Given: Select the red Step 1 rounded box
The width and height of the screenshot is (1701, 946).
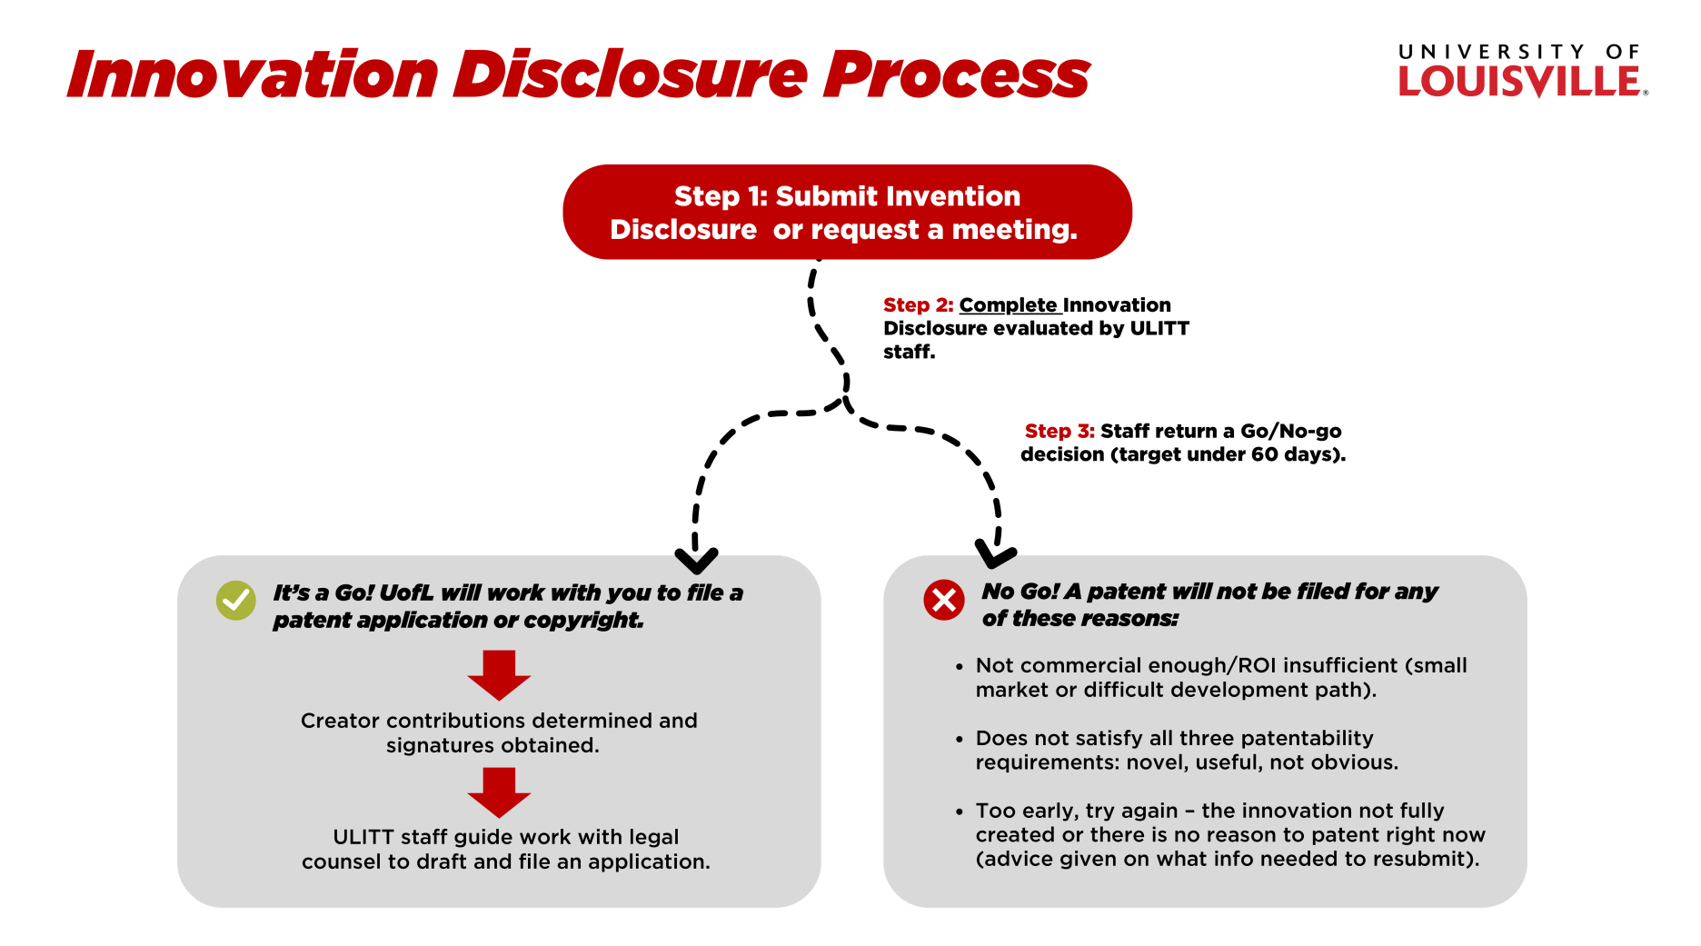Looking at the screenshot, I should (x=847, y=212).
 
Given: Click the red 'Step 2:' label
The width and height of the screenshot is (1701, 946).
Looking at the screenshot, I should (x=918, y=305).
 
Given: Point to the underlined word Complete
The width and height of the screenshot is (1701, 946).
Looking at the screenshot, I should (x=1009, y=305).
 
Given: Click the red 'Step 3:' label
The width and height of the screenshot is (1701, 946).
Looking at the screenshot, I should (x=1059, y=431).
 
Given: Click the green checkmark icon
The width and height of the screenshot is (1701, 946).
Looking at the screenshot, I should (x=236, y=601).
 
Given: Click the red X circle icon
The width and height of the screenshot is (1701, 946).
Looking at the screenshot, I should (x=944, y=600).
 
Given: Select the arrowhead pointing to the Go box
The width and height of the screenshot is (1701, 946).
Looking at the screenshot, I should (x=696, y=559).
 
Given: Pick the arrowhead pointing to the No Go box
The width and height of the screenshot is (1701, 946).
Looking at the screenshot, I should (x=995, y=552).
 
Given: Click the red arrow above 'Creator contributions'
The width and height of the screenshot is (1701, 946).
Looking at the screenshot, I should (x=499, y=675).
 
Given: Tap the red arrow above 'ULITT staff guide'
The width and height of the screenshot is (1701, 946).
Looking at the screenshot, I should (x=499, y=792).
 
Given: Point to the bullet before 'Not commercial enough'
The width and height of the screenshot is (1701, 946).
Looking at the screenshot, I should (x=959, y=667).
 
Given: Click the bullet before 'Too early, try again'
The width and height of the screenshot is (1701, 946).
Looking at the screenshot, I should (x=959, y=812).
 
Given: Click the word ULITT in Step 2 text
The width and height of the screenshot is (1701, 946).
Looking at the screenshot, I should (x=1159, y=329).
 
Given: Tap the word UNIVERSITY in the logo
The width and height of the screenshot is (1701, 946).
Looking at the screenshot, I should (x=1491, y=52).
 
